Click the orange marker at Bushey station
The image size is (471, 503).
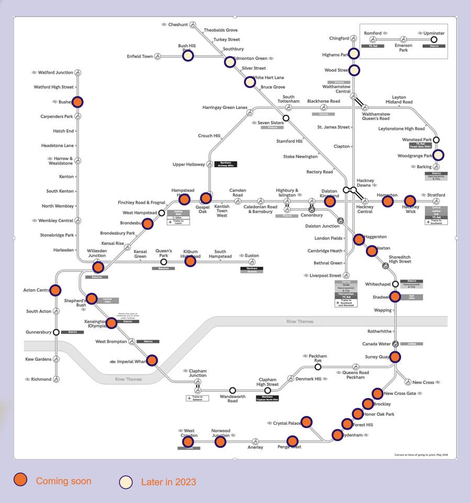point(77,102)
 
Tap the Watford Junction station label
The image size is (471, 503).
point(55,72)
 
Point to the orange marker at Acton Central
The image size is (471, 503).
point(55,290)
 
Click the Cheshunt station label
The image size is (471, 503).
point(178,25)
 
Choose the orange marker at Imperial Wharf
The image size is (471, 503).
point(152,360)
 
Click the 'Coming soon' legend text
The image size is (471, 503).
point(63,481)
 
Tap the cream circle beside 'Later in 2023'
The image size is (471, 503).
point(126,482)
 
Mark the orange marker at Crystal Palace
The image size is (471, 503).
point(307,422)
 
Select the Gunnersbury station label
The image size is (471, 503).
point(38,332)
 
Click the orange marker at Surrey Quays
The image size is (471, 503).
point(395,357)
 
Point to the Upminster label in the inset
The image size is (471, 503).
point(434,34)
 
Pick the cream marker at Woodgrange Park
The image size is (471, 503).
point(438,155)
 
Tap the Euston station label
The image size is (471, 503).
point(252,256)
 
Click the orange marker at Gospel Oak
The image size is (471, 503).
point(206,198)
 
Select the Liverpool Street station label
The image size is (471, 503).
point(325,276)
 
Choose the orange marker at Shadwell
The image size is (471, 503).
point(395,297)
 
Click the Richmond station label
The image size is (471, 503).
point(41,379)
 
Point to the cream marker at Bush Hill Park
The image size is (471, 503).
point(188,56)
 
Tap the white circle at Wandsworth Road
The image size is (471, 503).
point(233,390)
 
